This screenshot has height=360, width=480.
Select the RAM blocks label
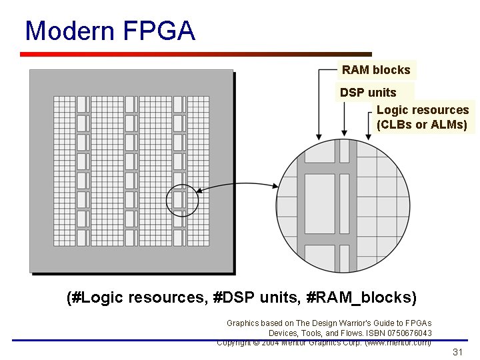(x=376, y=70)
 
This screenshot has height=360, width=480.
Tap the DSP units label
(x=368, y=93)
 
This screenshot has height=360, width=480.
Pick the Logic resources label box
(x=423, y=117)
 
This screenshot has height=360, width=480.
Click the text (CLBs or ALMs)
(x=422, y=125)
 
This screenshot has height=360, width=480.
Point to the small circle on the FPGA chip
(x=182, y=201)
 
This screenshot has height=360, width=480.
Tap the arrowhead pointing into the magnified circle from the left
(x=274, y=187)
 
